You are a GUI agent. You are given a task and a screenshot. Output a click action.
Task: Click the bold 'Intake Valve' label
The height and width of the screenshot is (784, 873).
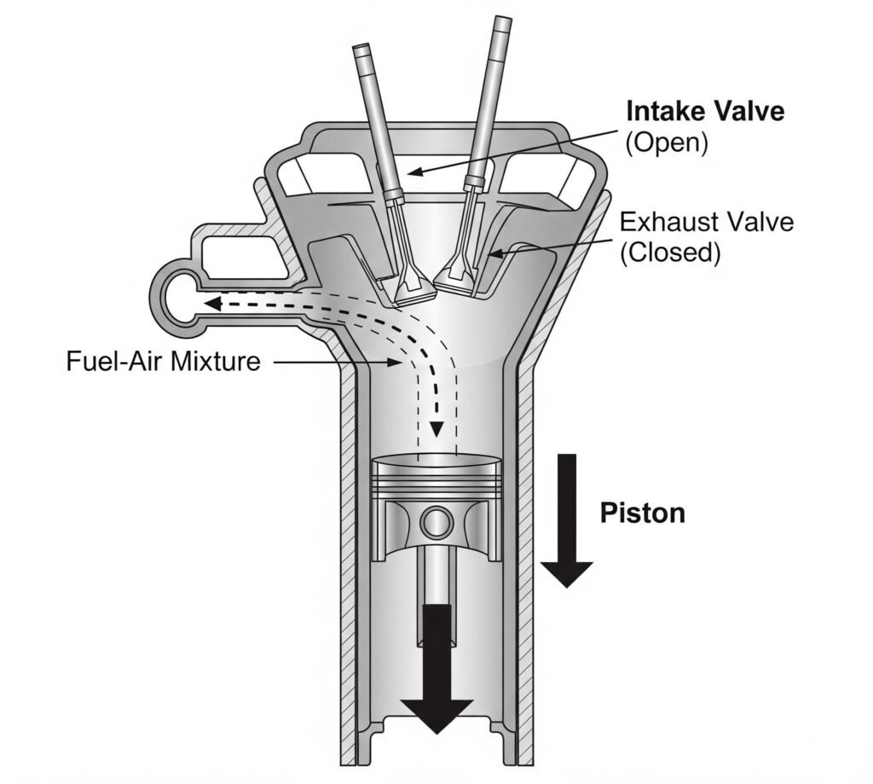click(704, 112)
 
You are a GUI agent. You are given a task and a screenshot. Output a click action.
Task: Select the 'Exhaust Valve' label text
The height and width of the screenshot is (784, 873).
click(706, 223)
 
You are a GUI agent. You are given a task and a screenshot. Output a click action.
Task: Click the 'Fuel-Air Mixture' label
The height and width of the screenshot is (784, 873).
click(163, 361)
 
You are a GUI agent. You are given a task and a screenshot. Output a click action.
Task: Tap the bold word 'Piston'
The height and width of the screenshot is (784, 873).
click(642, 513)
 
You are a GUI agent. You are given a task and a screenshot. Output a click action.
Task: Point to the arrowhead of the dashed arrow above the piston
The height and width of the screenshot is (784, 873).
click(437, 429)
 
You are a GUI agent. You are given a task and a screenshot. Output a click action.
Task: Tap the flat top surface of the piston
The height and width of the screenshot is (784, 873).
click(436, 462)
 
